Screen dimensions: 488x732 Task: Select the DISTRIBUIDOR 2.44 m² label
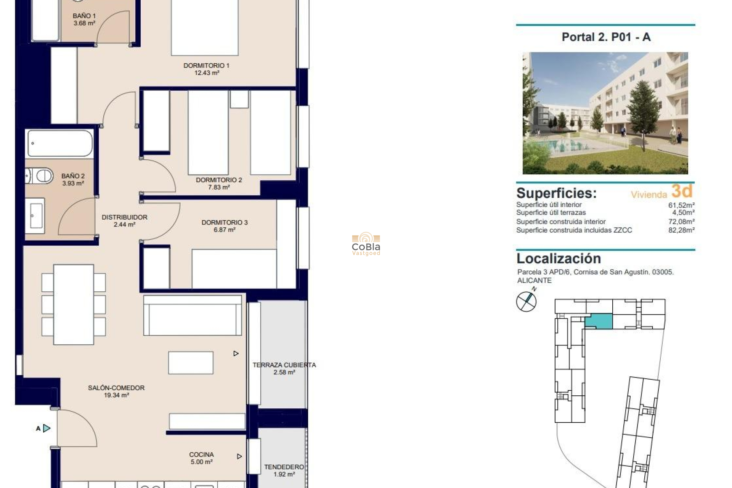124,221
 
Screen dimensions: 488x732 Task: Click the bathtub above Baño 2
60,143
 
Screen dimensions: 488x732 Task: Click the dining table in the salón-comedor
74,304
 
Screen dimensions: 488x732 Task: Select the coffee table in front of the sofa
191,363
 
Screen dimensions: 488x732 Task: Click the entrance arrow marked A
46,428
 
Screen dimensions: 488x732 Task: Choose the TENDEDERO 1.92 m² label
284,470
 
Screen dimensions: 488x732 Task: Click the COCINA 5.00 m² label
201,458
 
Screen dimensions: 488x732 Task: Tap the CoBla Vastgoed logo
366,244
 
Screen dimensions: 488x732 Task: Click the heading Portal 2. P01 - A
606,37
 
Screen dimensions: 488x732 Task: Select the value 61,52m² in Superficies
681,205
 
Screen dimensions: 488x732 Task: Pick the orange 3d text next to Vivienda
682,191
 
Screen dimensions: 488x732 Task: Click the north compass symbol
526,301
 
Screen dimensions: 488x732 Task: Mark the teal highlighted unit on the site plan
599,321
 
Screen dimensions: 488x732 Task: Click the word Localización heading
559,258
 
